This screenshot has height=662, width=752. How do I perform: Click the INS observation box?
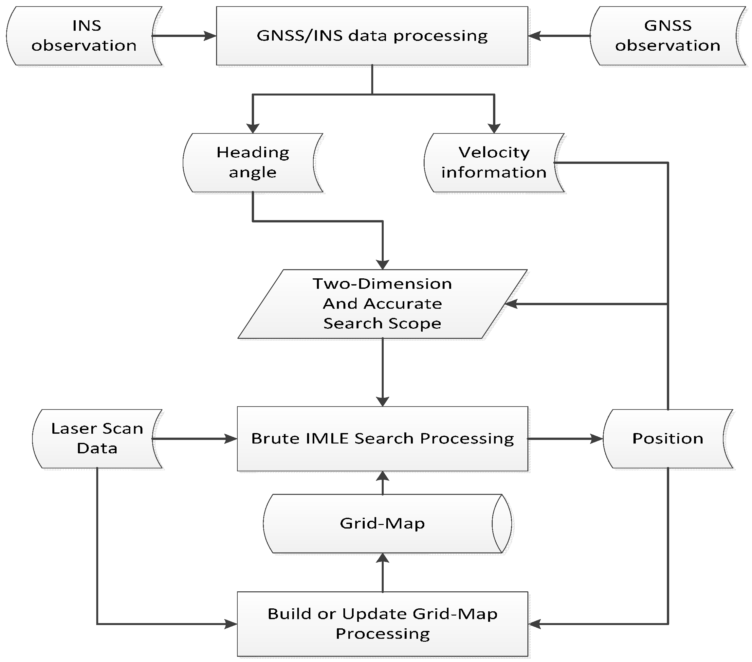[x=84, y=36]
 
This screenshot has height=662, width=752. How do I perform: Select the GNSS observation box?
[x=668, y=36]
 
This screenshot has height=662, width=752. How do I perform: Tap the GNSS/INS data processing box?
[x=372, y=36]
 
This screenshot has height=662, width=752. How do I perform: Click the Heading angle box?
[x=253, y=163]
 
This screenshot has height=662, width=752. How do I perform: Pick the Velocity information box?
[x=494, y=163]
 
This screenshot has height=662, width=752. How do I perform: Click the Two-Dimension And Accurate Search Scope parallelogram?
[x=382, y=304]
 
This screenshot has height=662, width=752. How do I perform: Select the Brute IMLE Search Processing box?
[x=382, y=439]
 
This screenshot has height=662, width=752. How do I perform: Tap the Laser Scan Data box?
[x=97, y=439]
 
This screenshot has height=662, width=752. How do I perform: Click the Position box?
[x=668, y=439]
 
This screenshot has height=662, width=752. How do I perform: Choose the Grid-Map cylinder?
[x=382, y=523]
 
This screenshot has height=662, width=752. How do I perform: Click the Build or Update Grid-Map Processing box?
[x=382, y=624]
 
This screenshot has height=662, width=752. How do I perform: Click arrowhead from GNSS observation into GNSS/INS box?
[x=534, y=36]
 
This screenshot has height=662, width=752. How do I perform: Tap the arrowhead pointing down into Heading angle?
[x=253, y=128]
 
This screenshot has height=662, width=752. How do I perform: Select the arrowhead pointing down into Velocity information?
[x=494, y=128]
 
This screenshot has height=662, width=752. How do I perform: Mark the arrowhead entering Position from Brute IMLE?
[x=597, y=439]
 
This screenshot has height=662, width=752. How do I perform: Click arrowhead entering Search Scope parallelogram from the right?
[x=511, y=304]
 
